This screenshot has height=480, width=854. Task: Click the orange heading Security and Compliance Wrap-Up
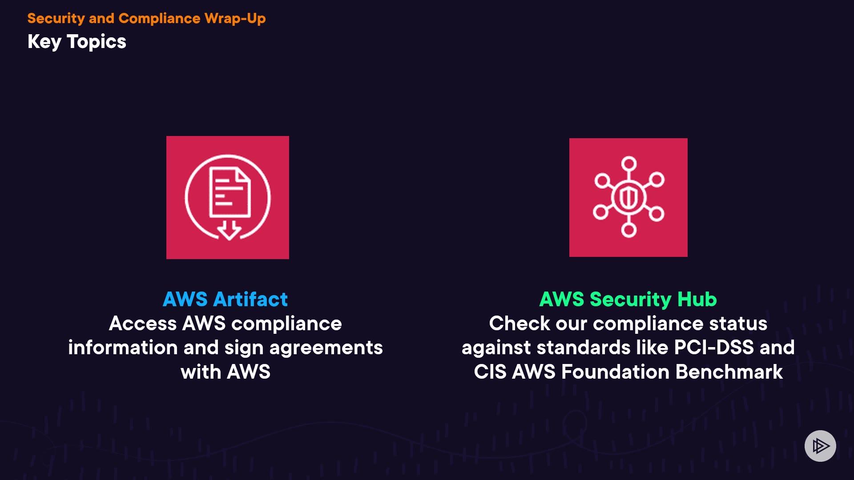coord(146,19)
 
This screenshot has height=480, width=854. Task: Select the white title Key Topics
coord(77,42)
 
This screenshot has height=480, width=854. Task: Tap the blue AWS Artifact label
coord(225,300)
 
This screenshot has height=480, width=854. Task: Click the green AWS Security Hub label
coord(628,300)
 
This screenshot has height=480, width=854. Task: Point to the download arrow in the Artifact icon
coord(229,230)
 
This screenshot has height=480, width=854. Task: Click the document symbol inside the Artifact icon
coord(230,192)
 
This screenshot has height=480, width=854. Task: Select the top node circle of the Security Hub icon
coord(628,164)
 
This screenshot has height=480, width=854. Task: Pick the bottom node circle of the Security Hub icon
coord(628,230)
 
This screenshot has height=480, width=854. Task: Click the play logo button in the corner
coord(820,446)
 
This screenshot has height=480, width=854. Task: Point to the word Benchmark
coord(729,372)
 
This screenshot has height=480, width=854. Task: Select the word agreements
coord(326,348)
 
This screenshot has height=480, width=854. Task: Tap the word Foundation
coord(615,372)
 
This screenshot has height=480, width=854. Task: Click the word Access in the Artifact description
coord(143,324)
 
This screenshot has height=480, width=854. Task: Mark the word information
coord(123,348)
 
